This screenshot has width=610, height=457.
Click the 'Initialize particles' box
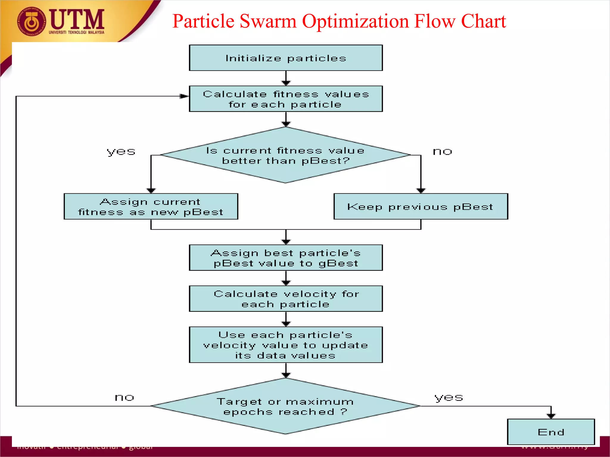click(x=286, y=58)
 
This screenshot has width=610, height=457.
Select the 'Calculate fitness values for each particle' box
click(x=286, y=99)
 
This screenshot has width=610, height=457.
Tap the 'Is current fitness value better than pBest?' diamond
click(x=286, y=155)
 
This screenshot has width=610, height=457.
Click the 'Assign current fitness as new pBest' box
click(x=151, y=207)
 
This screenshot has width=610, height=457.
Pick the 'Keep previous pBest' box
click(x=421, y=207)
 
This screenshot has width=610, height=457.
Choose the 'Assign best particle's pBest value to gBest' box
click(x=286, y=258)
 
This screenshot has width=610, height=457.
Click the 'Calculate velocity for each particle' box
click(x=286, y=299)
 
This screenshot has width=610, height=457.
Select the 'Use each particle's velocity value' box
click(x=286, y=345)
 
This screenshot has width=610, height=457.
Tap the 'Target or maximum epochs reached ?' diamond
click(x=286, y=406)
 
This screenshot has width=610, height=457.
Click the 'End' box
click(x=551, y=432)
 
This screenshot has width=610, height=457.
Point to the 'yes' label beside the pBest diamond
click(x=121, y=152)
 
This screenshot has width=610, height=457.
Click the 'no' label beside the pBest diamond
click(x=442, y=152)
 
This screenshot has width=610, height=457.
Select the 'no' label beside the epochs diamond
click(x=125, y=397)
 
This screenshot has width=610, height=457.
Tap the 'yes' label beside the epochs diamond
click(x=449, y=397)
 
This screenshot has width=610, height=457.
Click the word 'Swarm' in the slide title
click(x=268, y=21)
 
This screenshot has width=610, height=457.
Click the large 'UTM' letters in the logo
click(x=77, y=19)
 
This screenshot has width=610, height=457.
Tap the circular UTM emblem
click(x=31, y=21)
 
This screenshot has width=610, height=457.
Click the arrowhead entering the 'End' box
click(x=551, y=416)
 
